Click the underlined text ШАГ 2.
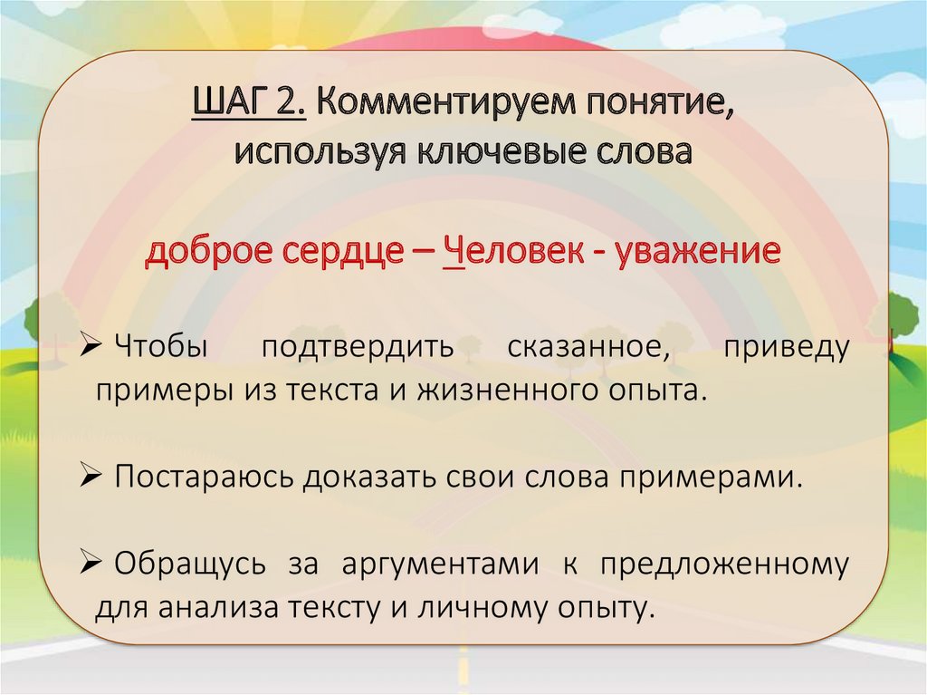pyautogui.click(x=249, y=103)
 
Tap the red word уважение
pyautogui.click(x=698, y=252)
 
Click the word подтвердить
pyautogui.click(x=358, y=348)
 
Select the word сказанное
pyautogui.click(x=588, y=346)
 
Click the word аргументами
pyautogui.click(x=440, y=565)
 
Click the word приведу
pyautogui.click(x=787, y=348)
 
